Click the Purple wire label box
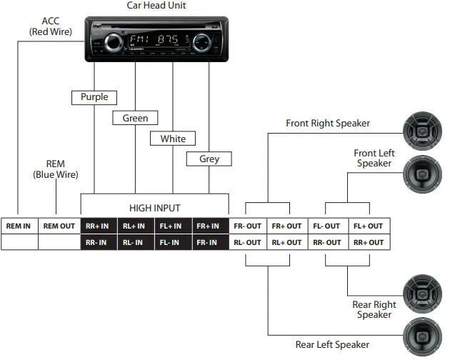[x=94, y=97]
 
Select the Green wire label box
[x=135, y=118]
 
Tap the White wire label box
[x=173, y=139]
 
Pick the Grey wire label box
[x=209, y=159]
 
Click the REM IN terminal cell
[x=19, y=226]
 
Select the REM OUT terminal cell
[x=59, y=226]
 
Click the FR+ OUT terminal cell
[x=286, y=226]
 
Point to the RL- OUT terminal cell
[x=248, y=242]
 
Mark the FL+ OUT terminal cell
[x=368, y=226]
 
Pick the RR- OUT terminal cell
[x=328, y=242]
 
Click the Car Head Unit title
[x=156, y=6]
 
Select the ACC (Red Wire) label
[x=51, y=26]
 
